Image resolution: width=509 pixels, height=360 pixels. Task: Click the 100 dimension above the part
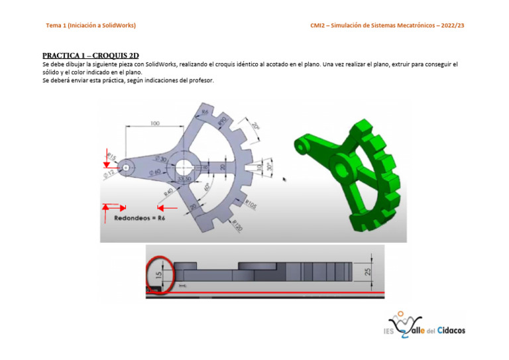[x=154, y=124]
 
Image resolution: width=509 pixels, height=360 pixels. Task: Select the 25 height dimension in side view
[x=368, y=272]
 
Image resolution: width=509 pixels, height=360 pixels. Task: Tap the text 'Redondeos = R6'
[x=140, y=216]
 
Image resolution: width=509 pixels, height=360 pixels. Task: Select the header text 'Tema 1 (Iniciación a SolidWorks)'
[x=91, y=25]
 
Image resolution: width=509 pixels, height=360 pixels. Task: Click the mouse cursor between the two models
[x=285, y=178]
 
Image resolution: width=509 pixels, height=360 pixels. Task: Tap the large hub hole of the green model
[x=345, y=163]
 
